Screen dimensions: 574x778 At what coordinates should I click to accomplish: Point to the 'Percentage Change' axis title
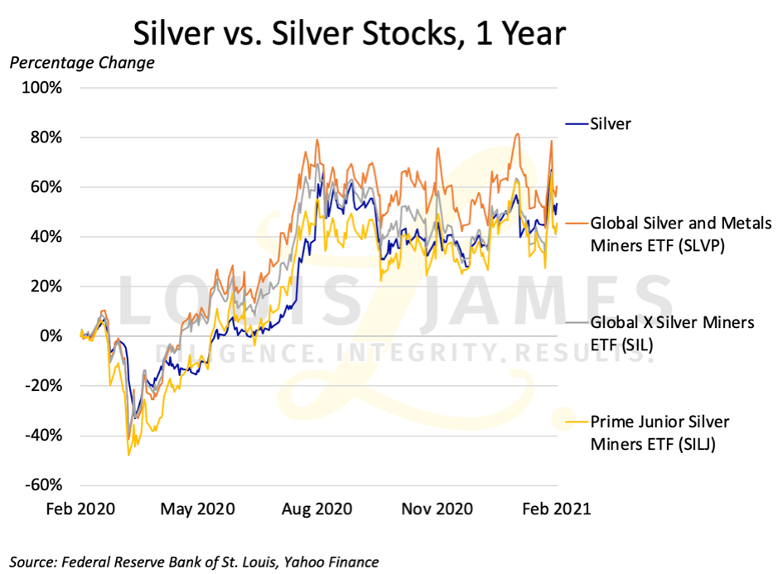[81, 63]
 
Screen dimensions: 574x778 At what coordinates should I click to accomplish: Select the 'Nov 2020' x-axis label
[435, 509]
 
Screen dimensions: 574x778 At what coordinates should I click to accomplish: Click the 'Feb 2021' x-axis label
[555, 509]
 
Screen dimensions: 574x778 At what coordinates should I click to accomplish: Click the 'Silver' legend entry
[610, 124]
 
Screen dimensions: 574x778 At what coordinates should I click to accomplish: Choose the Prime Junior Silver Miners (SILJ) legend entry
[660, 432]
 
